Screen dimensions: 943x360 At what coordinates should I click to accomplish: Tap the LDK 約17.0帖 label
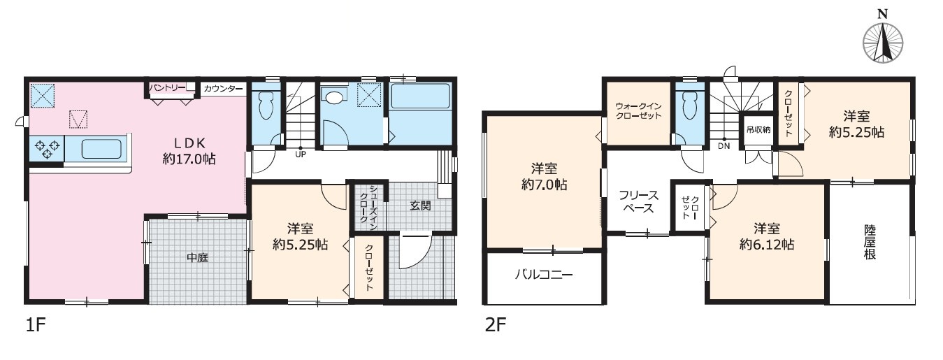pos(189,151)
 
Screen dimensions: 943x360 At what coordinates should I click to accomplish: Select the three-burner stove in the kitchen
pos(47,148)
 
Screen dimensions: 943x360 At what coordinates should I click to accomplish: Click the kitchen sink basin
pos(101,149)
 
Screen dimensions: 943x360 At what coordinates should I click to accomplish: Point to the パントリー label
pos(166,87)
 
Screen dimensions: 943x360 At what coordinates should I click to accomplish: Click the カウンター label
pos(224,89)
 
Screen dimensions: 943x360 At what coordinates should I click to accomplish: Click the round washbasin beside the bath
pos(334,97)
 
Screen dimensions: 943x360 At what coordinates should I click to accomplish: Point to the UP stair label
pos(300,154)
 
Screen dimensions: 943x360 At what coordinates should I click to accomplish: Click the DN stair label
pos(724,146)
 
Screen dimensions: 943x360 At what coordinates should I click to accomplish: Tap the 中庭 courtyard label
pos(197,258)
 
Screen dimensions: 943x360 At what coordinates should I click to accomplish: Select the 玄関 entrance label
pos(420,206)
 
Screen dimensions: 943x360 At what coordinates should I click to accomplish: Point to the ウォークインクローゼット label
pos(638,110)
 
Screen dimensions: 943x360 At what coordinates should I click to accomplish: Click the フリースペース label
pos(638,202)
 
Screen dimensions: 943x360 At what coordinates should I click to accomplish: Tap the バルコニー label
pos(544,275)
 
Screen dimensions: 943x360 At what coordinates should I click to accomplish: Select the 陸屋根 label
pos(870,242)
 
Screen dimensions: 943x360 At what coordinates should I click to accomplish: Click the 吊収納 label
pos(758,130)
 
